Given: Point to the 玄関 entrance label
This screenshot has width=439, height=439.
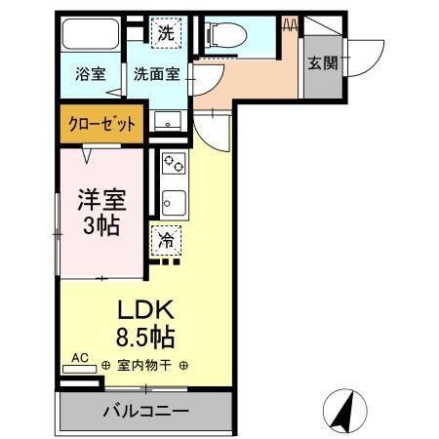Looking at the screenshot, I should (x=322, y=62).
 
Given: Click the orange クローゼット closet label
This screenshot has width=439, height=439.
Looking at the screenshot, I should (x=101, y=124).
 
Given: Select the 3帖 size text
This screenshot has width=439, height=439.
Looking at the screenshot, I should (x=102, y=229).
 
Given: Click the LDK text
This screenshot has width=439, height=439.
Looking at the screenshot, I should (x=146, y=309).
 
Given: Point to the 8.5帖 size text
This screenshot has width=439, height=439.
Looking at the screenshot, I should (x=146, y=339).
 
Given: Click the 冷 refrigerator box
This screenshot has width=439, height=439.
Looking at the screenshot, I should (x=166, y=238).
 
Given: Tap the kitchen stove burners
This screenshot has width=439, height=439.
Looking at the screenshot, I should (x=173, y=162).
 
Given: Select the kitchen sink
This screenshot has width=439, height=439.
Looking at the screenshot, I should (x=173, y=202).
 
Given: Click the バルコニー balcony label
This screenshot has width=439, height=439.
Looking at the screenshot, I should (x=145, y=411).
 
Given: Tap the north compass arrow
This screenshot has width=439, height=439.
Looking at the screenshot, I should (x=342, y=410).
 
